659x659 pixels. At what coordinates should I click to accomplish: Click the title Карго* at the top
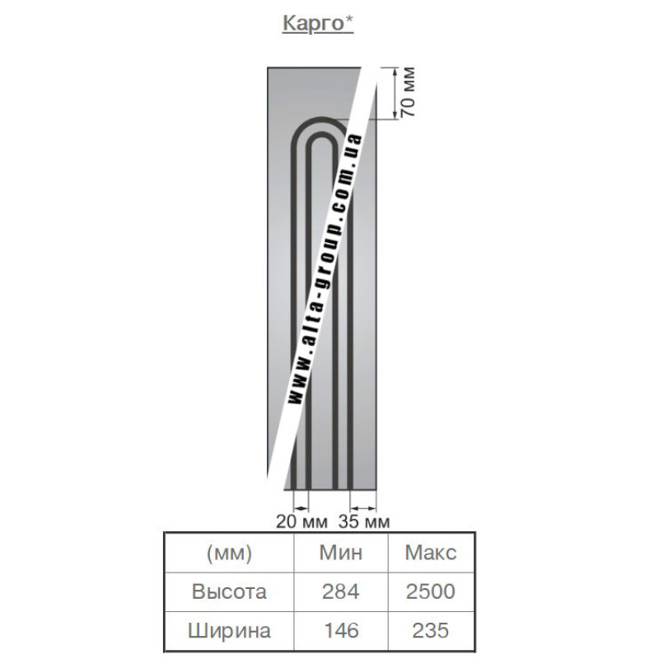click(x=318, y=24)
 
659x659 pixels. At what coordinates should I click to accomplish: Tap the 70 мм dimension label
click(x=408, y=91)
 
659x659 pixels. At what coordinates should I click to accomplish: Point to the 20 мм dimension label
click(x=301, y=521)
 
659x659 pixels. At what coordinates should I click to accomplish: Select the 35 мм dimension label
click(x=364, y=521)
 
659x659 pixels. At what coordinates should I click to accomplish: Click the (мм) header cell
click(x=229, y=553)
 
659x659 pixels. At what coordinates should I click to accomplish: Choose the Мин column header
click(x=340, y=552)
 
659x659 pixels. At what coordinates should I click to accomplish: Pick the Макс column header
click(x=430, y=552)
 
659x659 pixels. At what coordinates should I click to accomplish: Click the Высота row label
click(x=229, y=591)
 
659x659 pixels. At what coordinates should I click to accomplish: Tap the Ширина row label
click(x=229, y=630)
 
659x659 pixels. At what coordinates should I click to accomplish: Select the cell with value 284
click(x=340, y=591)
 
